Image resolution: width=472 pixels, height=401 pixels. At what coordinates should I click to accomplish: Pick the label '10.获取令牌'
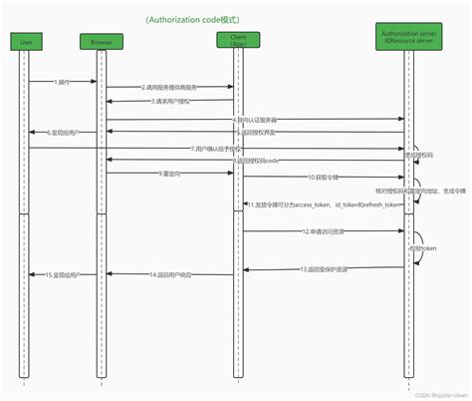[323, 177]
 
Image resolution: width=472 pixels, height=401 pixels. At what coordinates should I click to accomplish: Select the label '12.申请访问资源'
[322, 230]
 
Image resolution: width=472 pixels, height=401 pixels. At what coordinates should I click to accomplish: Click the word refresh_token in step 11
[381, 204]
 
